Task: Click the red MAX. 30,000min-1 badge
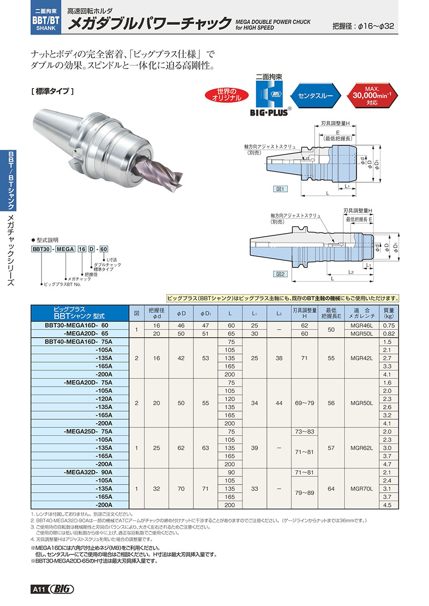(372, 95)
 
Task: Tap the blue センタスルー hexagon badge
(316, 95)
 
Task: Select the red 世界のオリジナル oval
(227, 95)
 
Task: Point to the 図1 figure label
(280, 189)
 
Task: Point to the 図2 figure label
(280, 274)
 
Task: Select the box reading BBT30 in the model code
(41, 249)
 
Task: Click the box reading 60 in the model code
(103, 249)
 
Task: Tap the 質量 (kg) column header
(388, 313)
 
